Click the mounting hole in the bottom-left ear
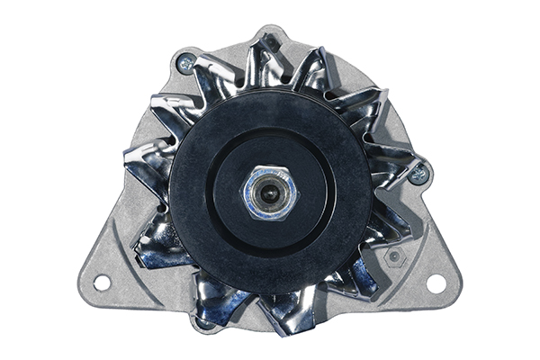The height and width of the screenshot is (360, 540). (x=102, y=283)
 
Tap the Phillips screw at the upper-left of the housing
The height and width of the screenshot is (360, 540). (x=186, y=63)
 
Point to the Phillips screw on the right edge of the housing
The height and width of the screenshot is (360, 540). (x=418, y=174)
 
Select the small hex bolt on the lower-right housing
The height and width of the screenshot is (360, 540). (x=393, y=256)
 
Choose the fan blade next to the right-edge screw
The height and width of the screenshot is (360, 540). (x=391, y=171)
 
